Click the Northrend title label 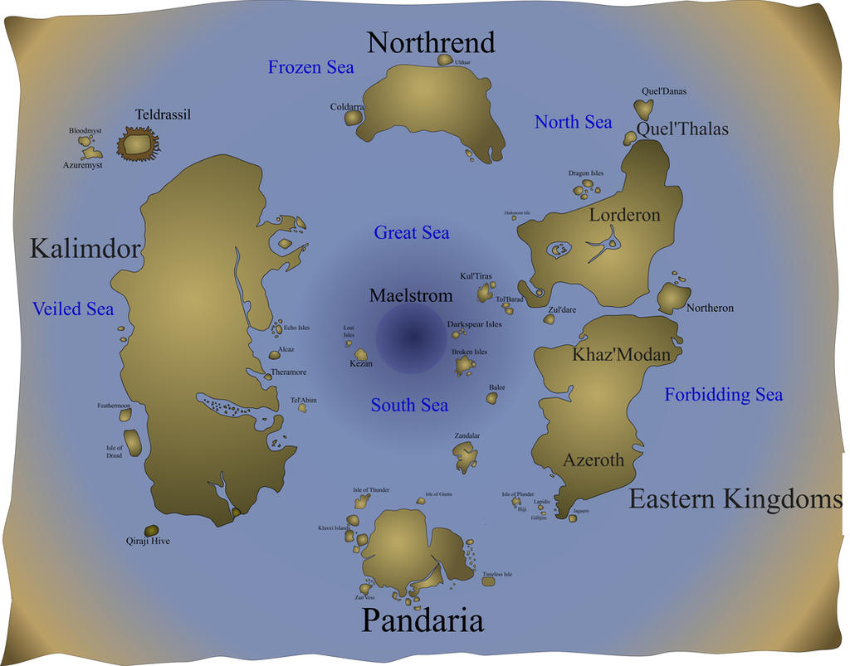431,42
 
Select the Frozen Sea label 310,67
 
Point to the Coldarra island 354,118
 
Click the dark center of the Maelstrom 412,337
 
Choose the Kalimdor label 85,248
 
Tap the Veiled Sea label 73,309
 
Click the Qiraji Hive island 152,530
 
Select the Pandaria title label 422,620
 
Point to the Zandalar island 465,453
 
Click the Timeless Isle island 488,581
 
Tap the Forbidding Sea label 723,395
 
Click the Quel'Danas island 642,108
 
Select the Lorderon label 625,216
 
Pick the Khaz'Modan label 621,355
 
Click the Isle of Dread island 133,442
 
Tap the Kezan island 361,354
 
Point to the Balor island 492,398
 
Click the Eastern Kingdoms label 735,499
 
